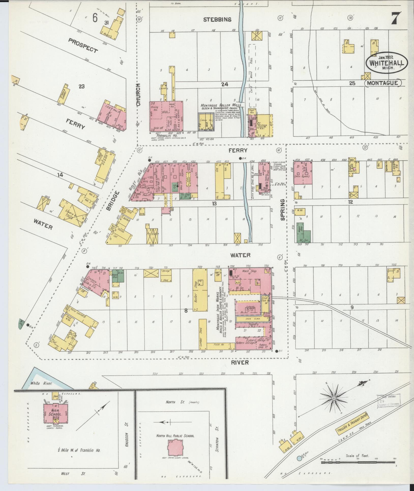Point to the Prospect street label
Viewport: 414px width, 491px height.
[83, 46]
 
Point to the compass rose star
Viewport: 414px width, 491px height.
[333, 398]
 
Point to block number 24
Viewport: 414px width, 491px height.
[225, 84]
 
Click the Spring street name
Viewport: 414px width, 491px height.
[283, 210]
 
